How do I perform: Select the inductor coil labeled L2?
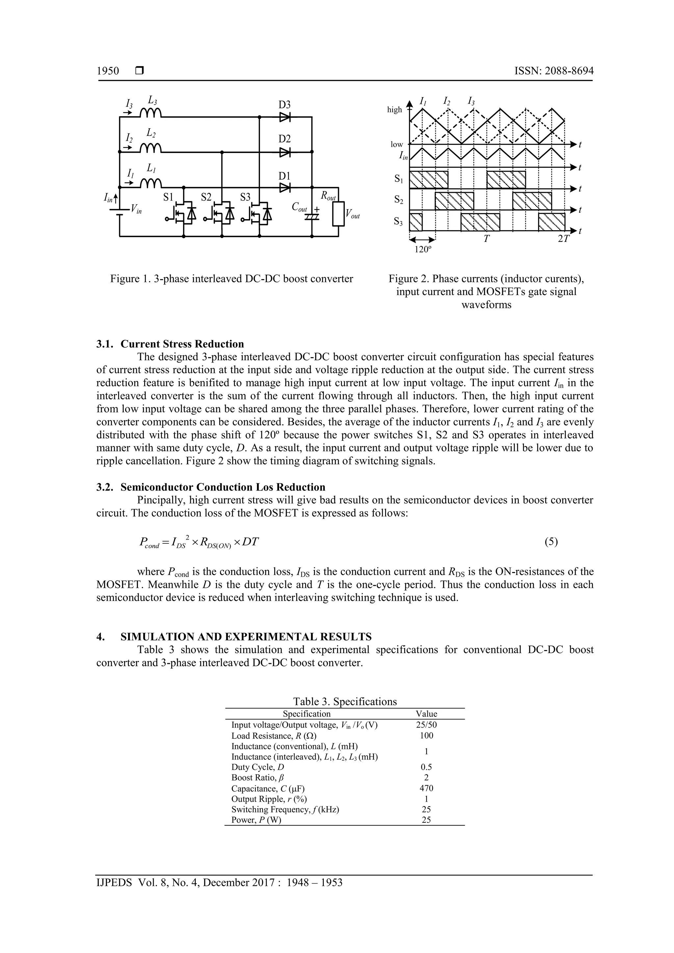pos(150,148)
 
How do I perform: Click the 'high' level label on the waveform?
pos(395,110)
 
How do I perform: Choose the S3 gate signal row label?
pos(398,222)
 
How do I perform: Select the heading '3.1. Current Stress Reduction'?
pos(170,344)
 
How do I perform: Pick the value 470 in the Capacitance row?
pos(427,788)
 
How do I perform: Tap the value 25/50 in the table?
pos(427,725)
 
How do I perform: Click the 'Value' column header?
pos(427,714)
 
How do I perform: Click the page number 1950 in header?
pos(108,71)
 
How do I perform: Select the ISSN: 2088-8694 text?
pos(554,71)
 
